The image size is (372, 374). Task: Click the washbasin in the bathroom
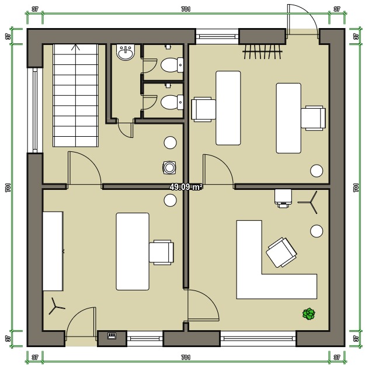coord(126,52)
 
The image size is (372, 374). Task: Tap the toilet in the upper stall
coord(172,65)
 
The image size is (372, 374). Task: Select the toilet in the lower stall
coord(172,102)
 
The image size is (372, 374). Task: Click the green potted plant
coord(309,314)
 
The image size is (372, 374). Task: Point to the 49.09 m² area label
coord(186,187)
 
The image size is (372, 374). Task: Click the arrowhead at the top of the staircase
coord(76,47)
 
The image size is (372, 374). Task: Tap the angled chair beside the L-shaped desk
coord(281,252)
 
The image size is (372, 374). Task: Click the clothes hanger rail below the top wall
coord(263,51)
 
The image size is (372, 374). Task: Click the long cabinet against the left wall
coord(53,251)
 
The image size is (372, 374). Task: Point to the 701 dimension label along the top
coord(186,9)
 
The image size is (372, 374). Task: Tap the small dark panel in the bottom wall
coord(112,336)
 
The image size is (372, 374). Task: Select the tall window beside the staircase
coord(35,110)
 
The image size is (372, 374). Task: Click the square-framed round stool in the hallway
coord(169,168)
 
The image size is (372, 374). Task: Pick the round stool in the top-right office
coord(317,171)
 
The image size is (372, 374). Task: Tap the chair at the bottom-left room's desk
coord(161,252)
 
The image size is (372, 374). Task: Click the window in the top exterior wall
coord(217,36)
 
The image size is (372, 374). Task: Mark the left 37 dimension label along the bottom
coord(35,357)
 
